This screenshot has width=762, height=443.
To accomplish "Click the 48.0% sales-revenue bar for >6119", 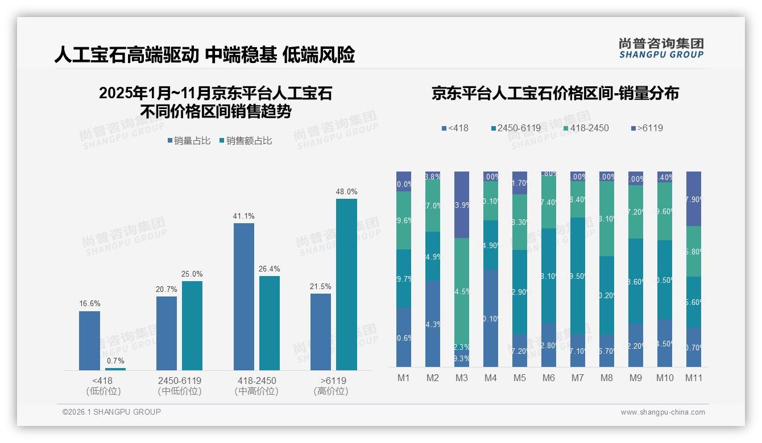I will [346, 284].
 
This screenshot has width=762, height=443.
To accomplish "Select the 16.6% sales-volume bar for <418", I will [89, 340].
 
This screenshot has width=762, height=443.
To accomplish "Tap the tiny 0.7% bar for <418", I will [115, 369].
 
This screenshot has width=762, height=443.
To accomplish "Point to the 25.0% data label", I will [192, 274].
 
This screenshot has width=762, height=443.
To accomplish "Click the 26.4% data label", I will [270, 269].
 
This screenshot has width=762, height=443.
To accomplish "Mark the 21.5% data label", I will [321, 286].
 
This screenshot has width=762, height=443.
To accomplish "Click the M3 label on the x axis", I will [461, 378].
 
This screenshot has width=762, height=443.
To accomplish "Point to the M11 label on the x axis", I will [693, 378].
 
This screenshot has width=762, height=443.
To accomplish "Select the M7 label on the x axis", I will [577, 378].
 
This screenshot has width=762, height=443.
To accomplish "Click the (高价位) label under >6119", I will [331, 391].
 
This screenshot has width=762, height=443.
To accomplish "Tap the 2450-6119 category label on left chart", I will [180, 380].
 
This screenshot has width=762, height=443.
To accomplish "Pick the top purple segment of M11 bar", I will [693, 198].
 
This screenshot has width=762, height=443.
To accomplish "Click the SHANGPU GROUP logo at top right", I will [661, 48].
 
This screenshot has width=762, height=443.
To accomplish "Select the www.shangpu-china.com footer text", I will [662, 412].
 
